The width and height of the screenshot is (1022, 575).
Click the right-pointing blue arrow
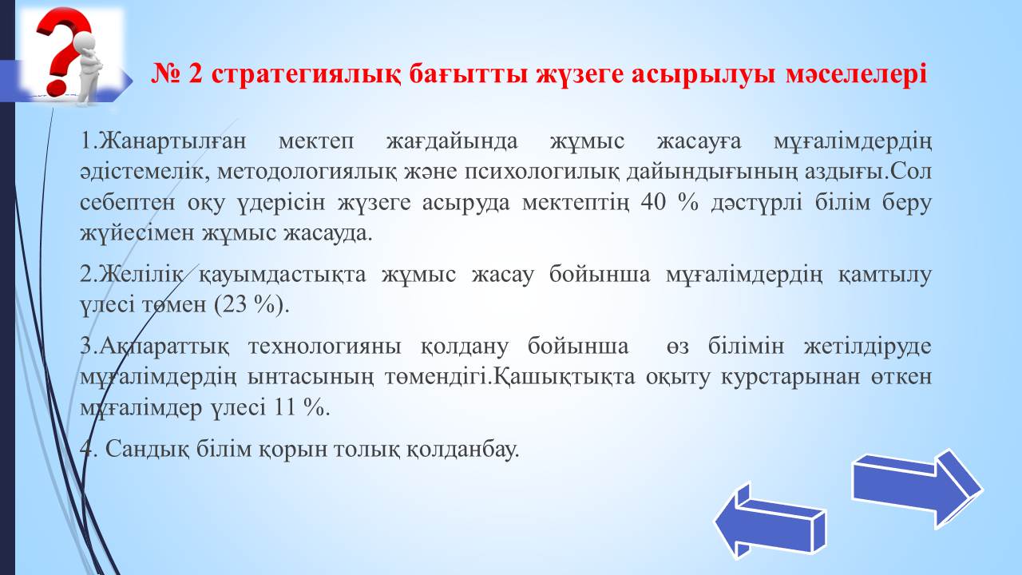click(917, 489)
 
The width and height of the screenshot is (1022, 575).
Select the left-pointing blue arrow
click(770, 521)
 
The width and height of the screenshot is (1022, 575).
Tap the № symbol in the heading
click(165, 74)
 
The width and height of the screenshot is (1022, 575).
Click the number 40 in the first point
click(653, 202)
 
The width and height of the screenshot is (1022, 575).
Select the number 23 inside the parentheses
click(235, 304)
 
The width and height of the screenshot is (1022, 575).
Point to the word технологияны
click(325, 347)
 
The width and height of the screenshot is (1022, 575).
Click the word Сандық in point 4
click(147, 450)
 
